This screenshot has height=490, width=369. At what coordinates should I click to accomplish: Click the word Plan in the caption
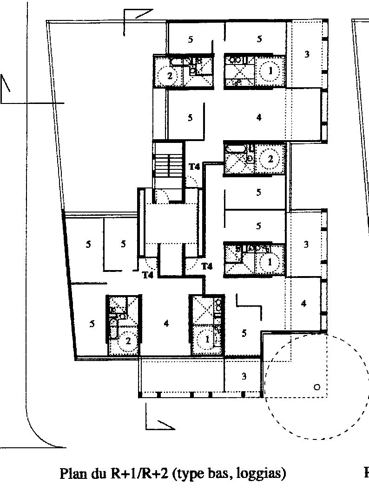click(x=73, y=473)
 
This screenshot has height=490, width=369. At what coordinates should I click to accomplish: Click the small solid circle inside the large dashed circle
click(x=317, y=387)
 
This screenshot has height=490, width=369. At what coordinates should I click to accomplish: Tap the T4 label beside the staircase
click(x=194, y=167)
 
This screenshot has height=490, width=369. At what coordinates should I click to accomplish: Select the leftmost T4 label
click(x=148, y=275)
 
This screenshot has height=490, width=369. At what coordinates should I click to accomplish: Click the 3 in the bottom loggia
click(x=244, y=376)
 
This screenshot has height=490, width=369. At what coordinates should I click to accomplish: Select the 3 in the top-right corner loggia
click(x=307, y=54)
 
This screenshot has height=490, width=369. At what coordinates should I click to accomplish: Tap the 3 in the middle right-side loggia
click(x=306, y=244)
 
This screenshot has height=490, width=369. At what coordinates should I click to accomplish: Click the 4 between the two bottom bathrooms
click(x=166, y=323)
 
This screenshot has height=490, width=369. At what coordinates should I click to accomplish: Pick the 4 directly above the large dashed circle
click(x=303, y=303)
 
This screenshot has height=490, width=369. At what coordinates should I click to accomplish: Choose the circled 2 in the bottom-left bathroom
click(x=128, y=341)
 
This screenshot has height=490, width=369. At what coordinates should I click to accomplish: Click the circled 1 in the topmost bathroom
click(x=270, y=71)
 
